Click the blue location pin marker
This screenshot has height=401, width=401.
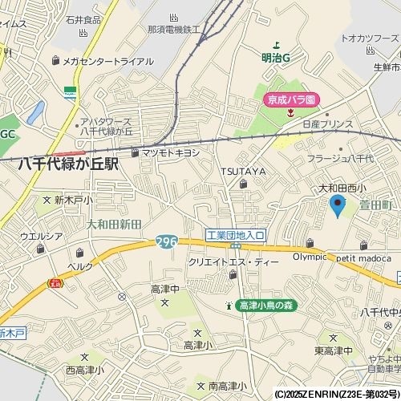click(338, 205)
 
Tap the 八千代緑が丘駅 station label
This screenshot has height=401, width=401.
click(69, 164)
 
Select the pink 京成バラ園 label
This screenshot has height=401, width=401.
click(292, 99)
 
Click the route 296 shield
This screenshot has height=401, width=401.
click(165, 241)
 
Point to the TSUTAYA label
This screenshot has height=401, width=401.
click(244, 172)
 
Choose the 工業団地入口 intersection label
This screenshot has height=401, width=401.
click(235, 235)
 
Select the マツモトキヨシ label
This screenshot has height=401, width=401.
click(171, 152)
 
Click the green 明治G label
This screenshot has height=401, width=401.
click(275, 57)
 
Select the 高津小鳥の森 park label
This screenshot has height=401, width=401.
click(266, 306)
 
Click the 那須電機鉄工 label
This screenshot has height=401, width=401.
click(172, 30)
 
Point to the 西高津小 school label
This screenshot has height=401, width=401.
click(84, 370)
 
